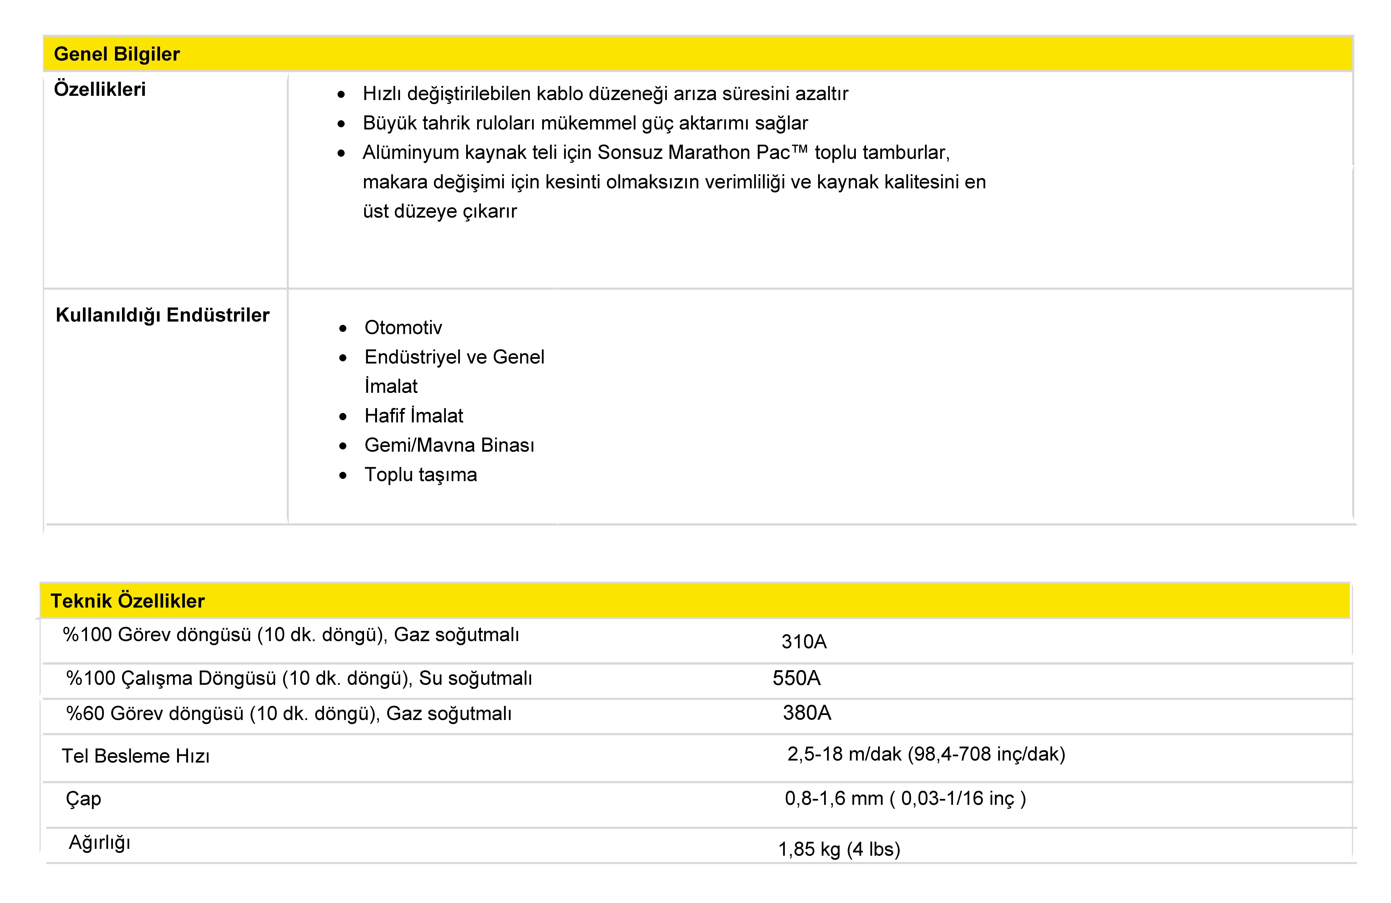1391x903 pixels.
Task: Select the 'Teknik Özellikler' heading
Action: [x=127, y=601]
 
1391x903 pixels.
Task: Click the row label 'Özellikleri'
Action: [x=99, y=90]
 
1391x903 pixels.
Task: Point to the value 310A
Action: [x=804, y=642]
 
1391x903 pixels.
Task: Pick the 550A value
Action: [x=796, y=678]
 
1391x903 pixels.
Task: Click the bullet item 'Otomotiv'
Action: [x=403, y=328]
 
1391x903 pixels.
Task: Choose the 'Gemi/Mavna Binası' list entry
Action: [x=449, y=445]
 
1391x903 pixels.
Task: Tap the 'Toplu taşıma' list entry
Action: [x=421, y=474]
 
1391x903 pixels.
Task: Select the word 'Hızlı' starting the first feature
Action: [x=381, y=94]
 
